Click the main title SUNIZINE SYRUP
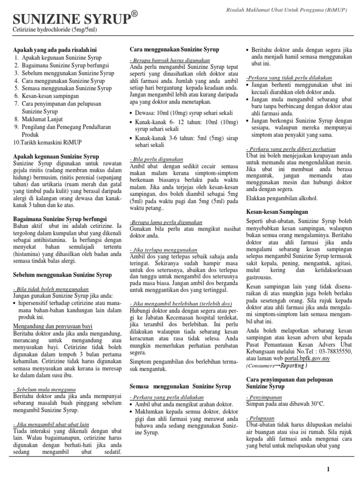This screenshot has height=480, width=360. click(70, 20)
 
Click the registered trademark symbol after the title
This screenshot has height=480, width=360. click(134, 15)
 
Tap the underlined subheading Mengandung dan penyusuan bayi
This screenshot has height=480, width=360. click(52, 326)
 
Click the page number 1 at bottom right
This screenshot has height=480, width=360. click(329, 469)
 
